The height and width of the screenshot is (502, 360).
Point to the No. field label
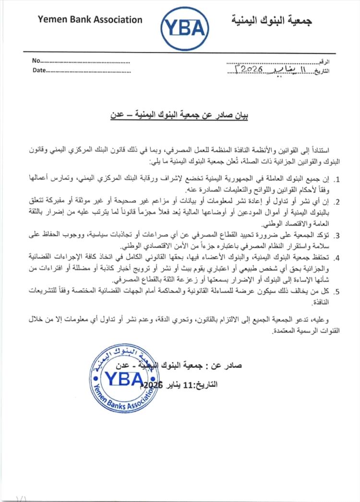[x=36, y=60]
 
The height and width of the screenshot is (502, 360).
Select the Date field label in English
[x=38, y=70]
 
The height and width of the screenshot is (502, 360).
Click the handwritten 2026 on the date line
[x=249, y=69]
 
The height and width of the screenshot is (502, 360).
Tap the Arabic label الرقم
[x=324, y=61]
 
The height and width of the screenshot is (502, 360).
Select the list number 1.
[x=337, y=180]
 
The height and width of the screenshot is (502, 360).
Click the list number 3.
[x=337, y=235]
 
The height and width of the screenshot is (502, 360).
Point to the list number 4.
[x=337, y=257]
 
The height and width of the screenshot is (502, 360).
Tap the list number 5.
[x=337, y=291]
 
